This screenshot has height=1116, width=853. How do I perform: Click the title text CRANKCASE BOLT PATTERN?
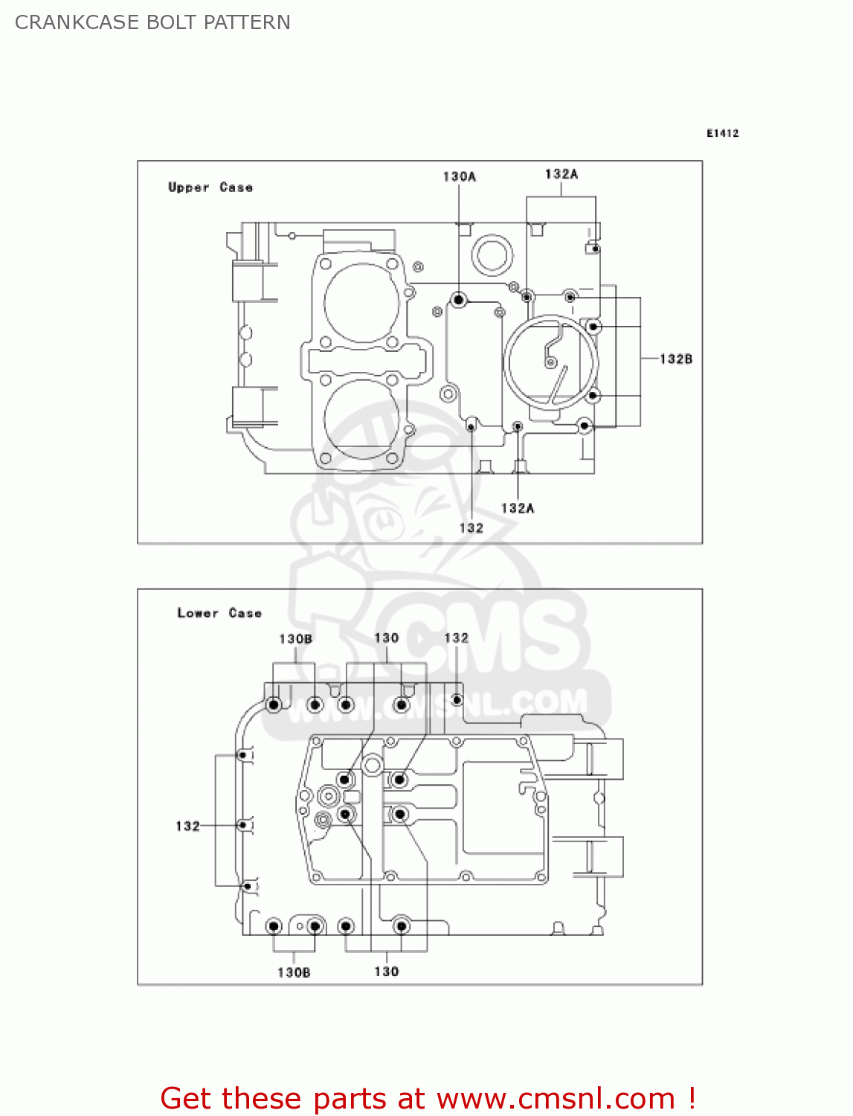[152, 22]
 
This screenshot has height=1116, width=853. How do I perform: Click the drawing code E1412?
[722, 133]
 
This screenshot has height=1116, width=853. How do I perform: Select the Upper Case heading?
[210, 187]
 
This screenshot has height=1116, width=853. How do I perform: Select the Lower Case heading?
[219, 613]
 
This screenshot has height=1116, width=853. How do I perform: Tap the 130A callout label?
[459, 176]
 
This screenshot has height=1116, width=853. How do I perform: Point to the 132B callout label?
[676, 359]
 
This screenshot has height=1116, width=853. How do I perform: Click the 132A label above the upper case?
[561, 174]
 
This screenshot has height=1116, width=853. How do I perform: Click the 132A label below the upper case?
[518, 508]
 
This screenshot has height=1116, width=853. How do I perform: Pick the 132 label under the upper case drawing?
[471, 528]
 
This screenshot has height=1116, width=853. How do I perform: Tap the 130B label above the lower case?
[295, 639]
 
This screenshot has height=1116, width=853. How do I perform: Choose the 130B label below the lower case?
[294, 972]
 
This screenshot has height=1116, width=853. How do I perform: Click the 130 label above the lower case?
[386, 638]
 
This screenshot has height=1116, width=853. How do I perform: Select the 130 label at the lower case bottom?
[386, 972]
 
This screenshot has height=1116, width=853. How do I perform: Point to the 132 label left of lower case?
[187, 826]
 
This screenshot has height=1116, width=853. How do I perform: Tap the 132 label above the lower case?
[456, 638]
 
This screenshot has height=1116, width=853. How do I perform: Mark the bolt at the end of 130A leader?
[459, 300]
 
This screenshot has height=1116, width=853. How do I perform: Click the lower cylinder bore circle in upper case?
[362, 418]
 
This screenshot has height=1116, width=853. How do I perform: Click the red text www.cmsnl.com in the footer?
[556, 1099]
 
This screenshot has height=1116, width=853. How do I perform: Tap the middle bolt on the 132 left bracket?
[242, 825]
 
